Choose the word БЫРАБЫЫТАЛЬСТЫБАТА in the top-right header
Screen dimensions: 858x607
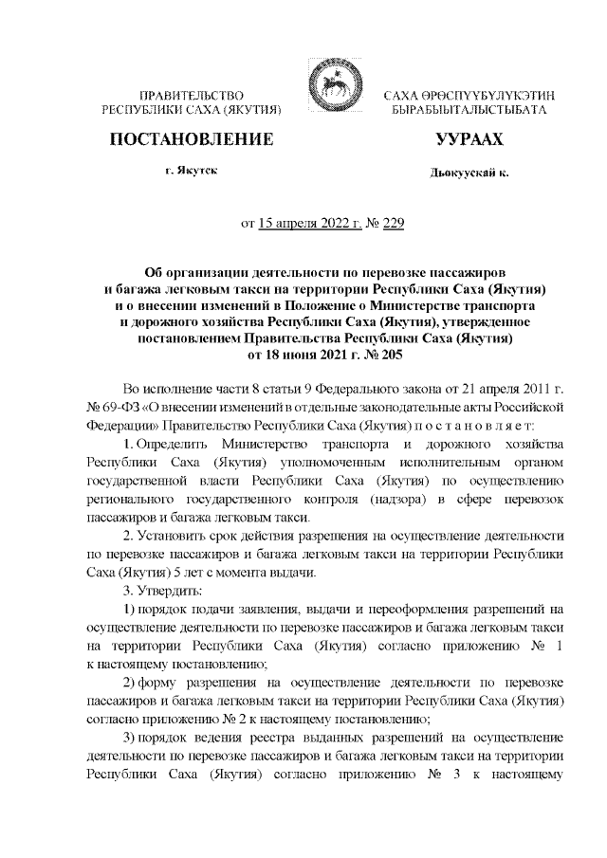coord(468,111)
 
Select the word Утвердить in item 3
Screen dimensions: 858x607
coord(164,591)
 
